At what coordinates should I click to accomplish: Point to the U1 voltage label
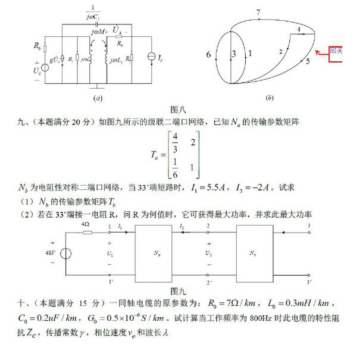111,253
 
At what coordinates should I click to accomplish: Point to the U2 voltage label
209,253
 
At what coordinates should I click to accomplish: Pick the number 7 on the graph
258,12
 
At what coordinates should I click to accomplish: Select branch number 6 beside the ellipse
208,55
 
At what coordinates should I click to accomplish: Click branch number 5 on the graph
307,60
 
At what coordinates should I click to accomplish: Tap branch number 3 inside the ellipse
234,54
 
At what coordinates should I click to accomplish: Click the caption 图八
179,109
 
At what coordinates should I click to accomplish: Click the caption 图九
178,291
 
